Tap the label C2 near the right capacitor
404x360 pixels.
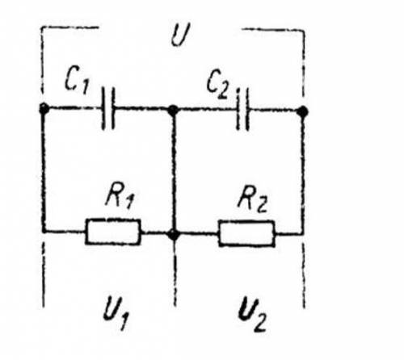pyautogui.click(x=218, y=85)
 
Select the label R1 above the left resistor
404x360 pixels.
pyautogui.click(x=120, y=198)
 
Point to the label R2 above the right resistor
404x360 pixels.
pyautogui.click(x=252, y=200)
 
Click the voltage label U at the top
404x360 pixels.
pyautogui.click(x=180, y=35)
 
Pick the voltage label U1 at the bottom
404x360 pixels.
pyautogui.click(x=116, y=312)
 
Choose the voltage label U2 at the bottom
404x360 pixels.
pyautogui.click(x=252, y=314)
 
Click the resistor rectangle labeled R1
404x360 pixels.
pyautogui.click(x=113, y=232)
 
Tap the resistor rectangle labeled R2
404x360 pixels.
pyautogui.click(x=246, y=233)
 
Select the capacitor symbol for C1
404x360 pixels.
pyautogui.click(x=108, y=108)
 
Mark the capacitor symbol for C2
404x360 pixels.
pyautogui.click(x=242, y=110)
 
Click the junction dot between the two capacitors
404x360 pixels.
pyautogui.click(x=173, y=110)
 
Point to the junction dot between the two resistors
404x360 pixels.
pyautogui.click(x=174, y=235)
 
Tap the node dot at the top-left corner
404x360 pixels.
pyautogui.click(x=44, y=109)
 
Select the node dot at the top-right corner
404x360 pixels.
pyautogui.click(x=303, y=111)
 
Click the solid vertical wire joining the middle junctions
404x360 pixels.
pyautogui.click(x=174, y=172)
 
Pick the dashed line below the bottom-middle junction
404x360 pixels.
pyautogui.click(x=175, y=273)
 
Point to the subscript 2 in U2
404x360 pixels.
pyautogui.click(x=259, y=323)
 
